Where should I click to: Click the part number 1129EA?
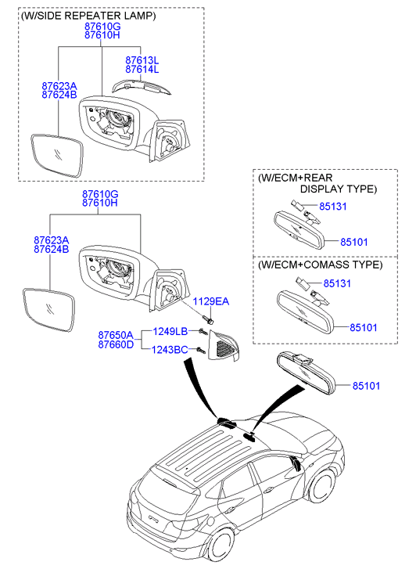coord(210,301)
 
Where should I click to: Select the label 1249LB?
coord(170,331)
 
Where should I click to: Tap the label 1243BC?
coord(170,349)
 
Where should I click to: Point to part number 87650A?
coord(116,334)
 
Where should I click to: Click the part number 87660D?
coord(116,344)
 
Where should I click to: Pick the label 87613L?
coord(142,60)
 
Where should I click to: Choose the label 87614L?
coord(142,70)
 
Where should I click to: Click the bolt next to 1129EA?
coord(208,319)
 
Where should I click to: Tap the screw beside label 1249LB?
coord(203,331)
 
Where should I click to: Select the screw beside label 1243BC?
coord(200,350)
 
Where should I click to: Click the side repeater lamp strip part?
coord(142,86)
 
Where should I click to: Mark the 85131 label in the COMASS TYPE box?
coord(337,283)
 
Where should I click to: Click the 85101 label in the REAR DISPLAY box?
coord(354,242)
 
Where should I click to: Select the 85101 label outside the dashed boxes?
coord(366,385)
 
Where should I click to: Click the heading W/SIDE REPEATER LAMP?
coord(88,16)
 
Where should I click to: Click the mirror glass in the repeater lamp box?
coord(57,156)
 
